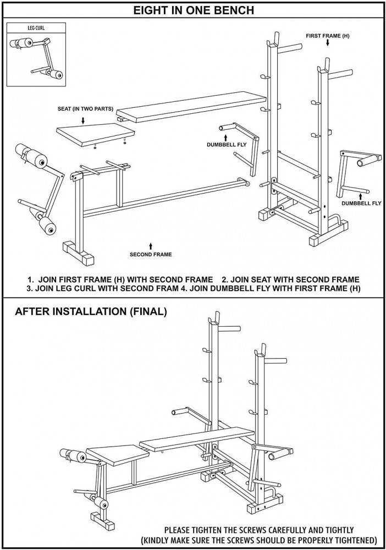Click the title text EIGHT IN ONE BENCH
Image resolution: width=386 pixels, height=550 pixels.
194,10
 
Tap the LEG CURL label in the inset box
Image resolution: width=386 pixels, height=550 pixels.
36,28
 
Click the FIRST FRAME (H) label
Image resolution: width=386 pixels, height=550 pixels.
328,36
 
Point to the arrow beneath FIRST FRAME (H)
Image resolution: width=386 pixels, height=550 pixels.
328,43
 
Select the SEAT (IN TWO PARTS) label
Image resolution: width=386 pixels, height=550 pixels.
85,109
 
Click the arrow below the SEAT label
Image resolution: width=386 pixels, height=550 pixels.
83,120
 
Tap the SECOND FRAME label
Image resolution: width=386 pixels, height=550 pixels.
151,254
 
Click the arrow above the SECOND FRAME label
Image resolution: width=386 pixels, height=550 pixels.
151,245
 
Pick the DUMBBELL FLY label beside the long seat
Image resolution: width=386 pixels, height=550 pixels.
227,144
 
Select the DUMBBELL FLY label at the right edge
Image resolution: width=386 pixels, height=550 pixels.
361,203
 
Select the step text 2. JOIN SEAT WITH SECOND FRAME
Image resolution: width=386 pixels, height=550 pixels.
291,279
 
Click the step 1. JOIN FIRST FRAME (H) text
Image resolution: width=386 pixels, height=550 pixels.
120,279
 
